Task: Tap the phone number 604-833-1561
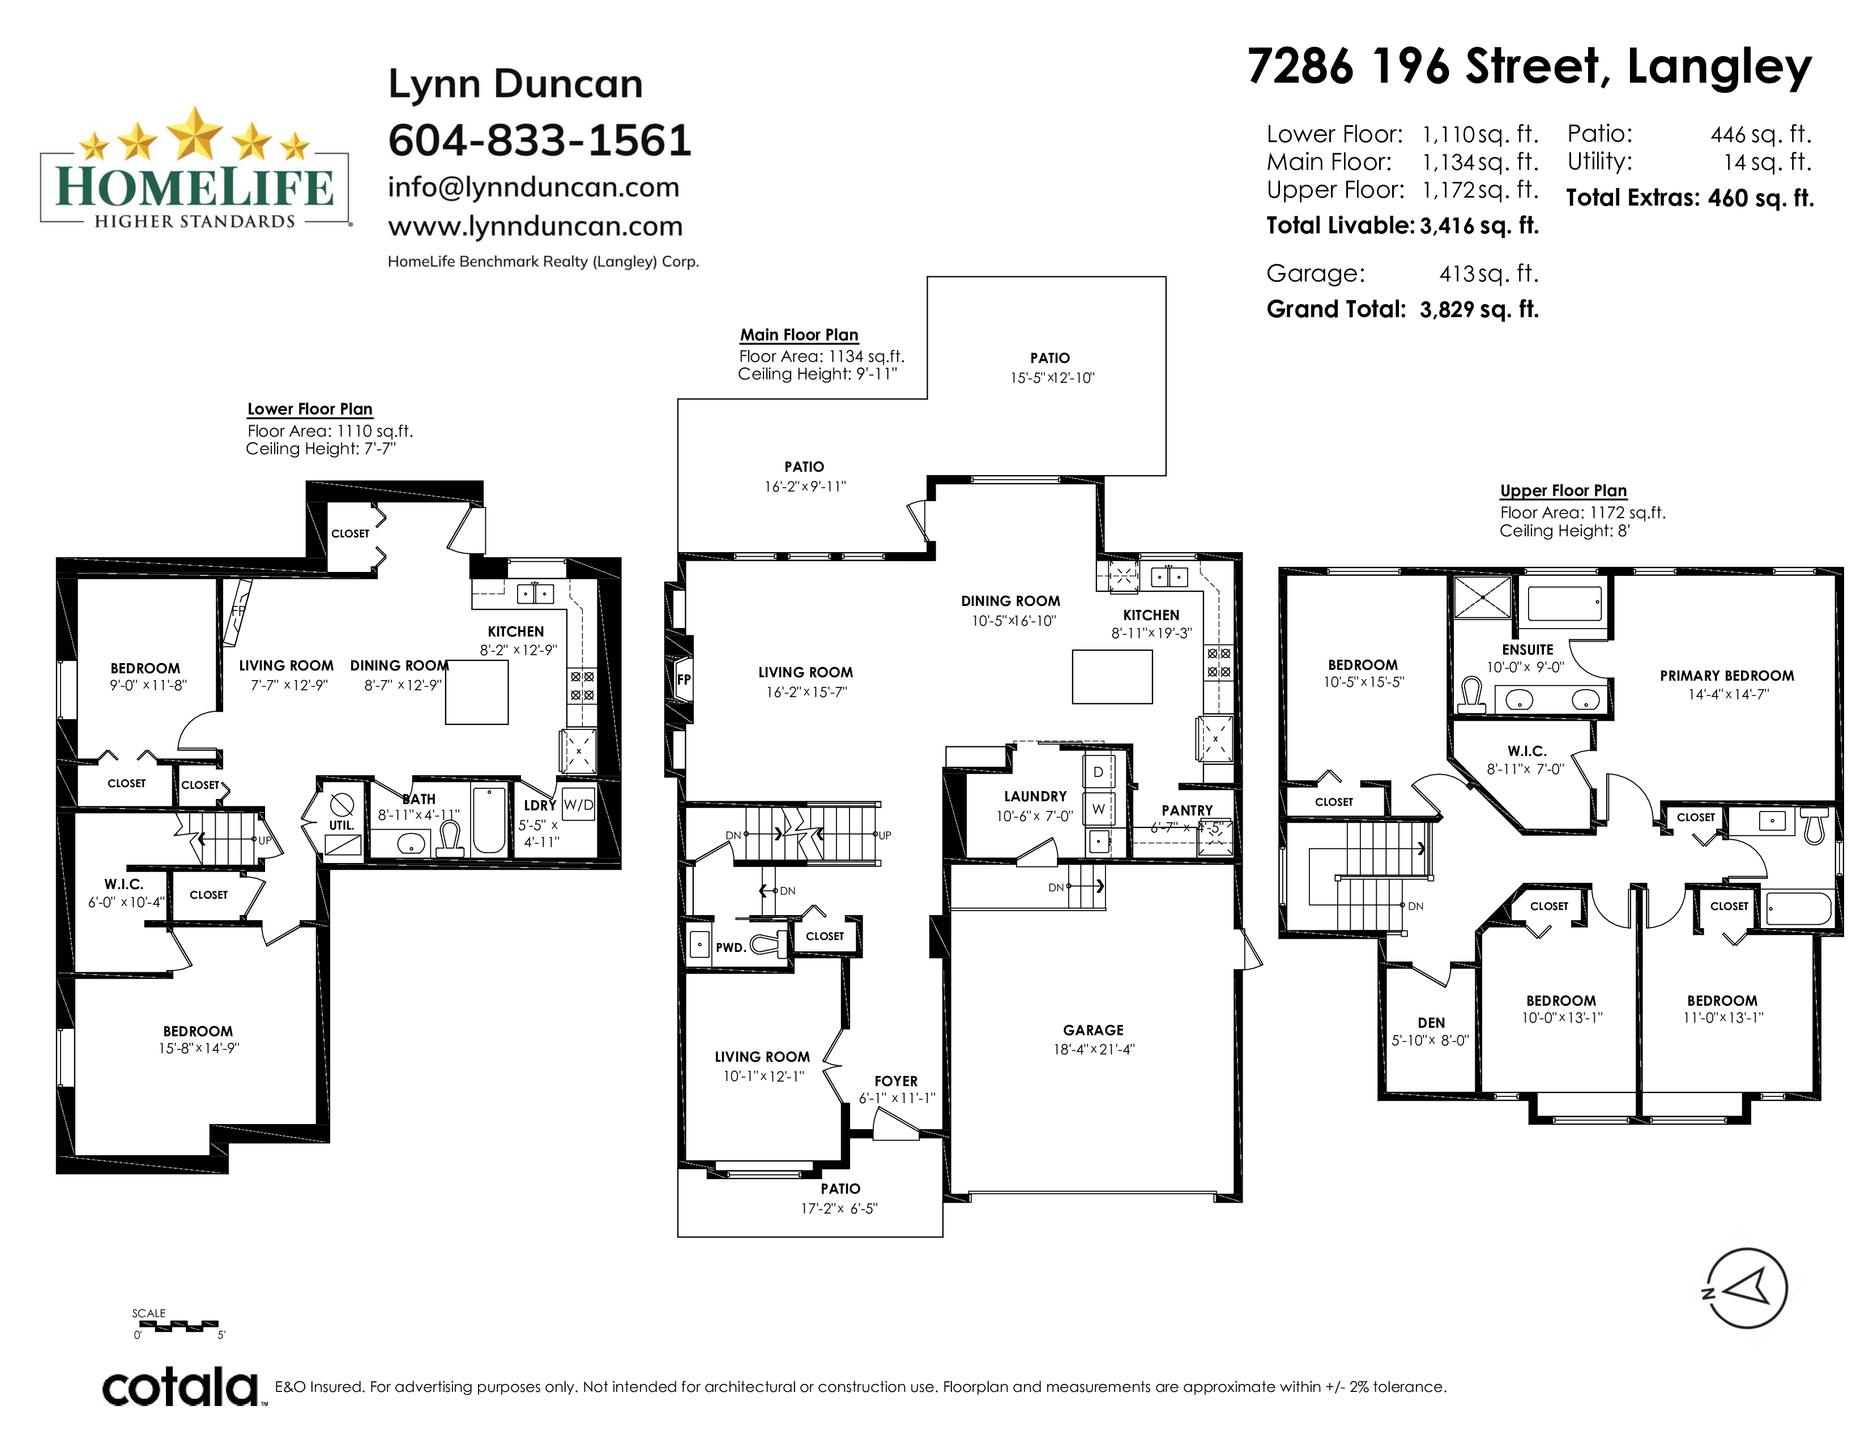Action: coord(540,140)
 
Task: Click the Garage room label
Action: coord(1093,1030)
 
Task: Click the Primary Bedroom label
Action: coord(1727,675)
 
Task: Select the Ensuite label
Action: coord(1527,650)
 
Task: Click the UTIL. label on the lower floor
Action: coord(342,826)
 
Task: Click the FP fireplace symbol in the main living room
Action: coord(683,681)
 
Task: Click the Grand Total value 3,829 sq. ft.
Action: coord(1479,310)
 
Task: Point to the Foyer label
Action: coord(896,1081)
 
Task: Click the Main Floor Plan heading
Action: coord(799,335)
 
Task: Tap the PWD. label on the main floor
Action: coord(731,948)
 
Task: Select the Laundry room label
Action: coord(1035,796)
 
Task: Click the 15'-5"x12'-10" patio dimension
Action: coord(1052,377)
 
